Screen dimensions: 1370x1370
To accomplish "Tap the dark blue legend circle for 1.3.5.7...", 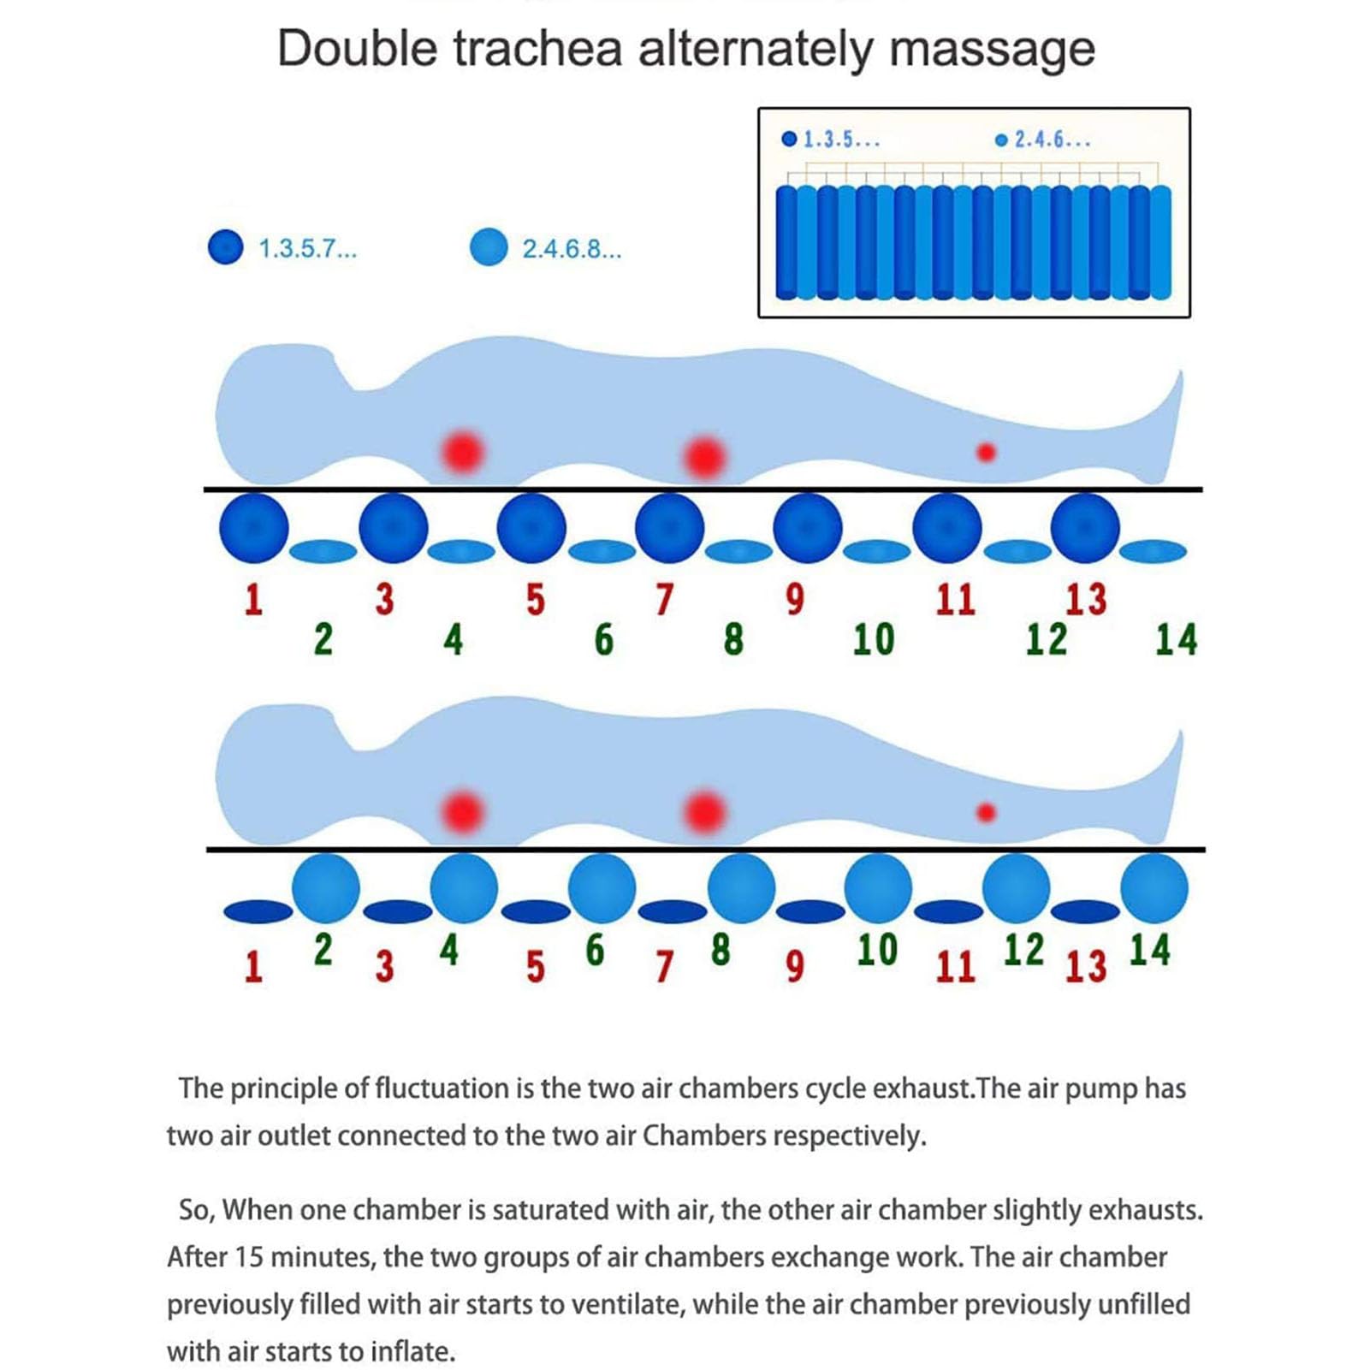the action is pos(226,247).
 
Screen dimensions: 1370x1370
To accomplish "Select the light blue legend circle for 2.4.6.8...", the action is pos(489,247).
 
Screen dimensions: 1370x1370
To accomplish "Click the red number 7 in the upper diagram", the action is pos(664,599).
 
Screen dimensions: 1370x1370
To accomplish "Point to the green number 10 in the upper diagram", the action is pos(874,639).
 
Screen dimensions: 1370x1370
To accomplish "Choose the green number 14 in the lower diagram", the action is pos(1149,949).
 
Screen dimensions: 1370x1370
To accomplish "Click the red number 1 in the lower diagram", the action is pos(253,967).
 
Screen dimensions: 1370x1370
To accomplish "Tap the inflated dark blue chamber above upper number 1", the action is pos(254,528).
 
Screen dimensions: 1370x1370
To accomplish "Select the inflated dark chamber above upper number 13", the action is pos(1085,528).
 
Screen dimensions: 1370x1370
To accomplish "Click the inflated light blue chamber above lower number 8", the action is pos(741,888).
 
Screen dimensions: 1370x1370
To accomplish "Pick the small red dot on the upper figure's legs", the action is pos(986,452).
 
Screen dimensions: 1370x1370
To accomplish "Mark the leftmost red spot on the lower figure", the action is pos(463,812).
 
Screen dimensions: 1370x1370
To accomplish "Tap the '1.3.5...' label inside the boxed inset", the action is pos(841,139).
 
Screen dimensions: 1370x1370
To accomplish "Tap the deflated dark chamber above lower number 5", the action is pos(535,911).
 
